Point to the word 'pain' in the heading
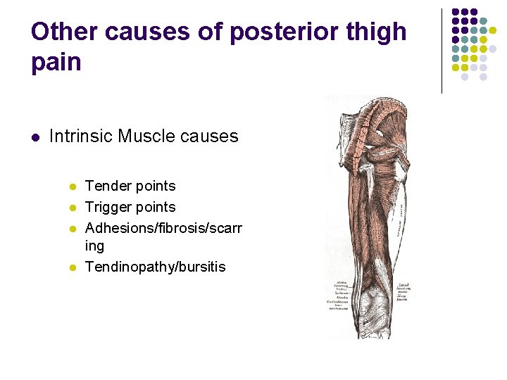click(x=56, y=63)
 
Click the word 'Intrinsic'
click(x=81, y=136)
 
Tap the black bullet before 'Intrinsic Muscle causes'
click(x=35, y=137)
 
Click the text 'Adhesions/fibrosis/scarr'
click(x=163, y=227)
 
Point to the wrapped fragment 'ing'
click(x=94, y=246)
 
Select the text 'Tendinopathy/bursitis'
click(x=155, y=267)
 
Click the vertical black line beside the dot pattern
click(x=442, y=51)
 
